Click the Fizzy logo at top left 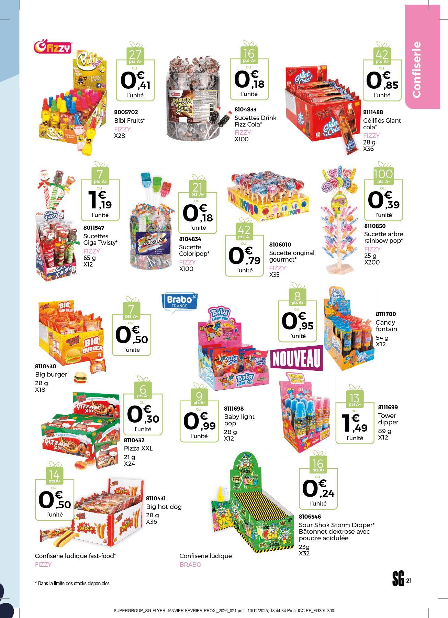[53, 47]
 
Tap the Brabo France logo [180, 302]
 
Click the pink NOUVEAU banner [296, 358]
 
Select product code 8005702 [126, 112]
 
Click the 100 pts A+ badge [383, 175]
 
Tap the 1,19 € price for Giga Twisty [100, 200]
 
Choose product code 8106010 [280, 245]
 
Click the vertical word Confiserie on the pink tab [416, 69]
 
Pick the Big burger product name [51, 375]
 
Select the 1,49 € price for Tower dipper [355, 424]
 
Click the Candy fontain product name [386, 326]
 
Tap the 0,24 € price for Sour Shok [318, 489]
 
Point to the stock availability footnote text [72, 583]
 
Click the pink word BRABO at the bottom [190, 564]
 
